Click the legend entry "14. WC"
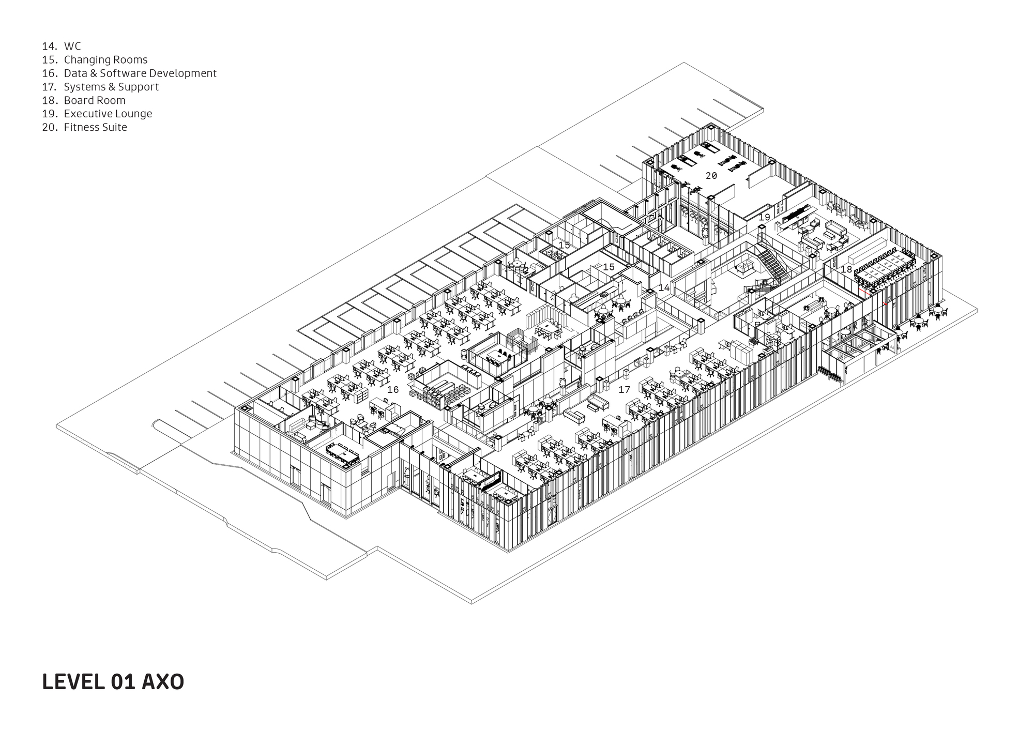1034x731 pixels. click(x=62, y=47)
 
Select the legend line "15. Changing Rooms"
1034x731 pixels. click(x=95, y=60)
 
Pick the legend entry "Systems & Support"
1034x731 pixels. click(x=111, y=87)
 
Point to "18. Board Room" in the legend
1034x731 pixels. click(x=84, y=100)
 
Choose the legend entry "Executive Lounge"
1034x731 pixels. click(x=108, y=114)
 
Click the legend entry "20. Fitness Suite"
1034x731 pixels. click(x=84, y=127)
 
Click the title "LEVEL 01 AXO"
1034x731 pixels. click(x=113, y=682)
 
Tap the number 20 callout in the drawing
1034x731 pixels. click(x=711, y=176)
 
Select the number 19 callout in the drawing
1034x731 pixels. click(x=764, y=218)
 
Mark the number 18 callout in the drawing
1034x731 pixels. click(x=846, y=269)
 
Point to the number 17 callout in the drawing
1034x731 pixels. click(x=625, y=389)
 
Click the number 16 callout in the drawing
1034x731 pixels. click(x=393, y=389)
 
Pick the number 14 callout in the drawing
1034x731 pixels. click(x=664, y=287)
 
